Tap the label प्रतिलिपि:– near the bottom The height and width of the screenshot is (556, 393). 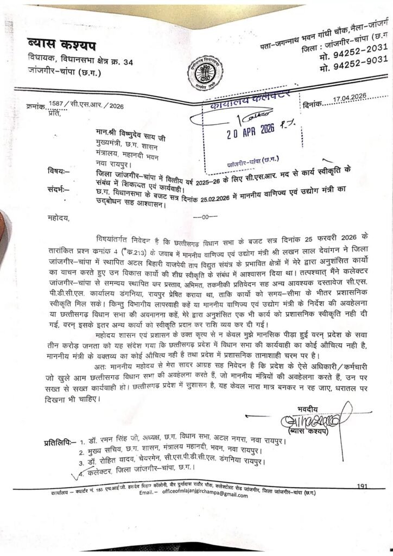pos(60,444)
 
